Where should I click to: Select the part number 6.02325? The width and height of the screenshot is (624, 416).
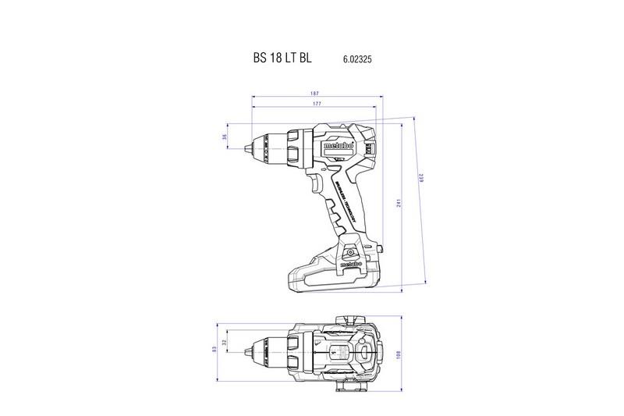(356, 59)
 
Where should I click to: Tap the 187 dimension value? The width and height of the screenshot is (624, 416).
(314, 94)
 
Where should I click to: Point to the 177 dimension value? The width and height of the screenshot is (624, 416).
(314, 104)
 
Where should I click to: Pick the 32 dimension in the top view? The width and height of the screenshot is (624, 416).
(225, 343)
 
